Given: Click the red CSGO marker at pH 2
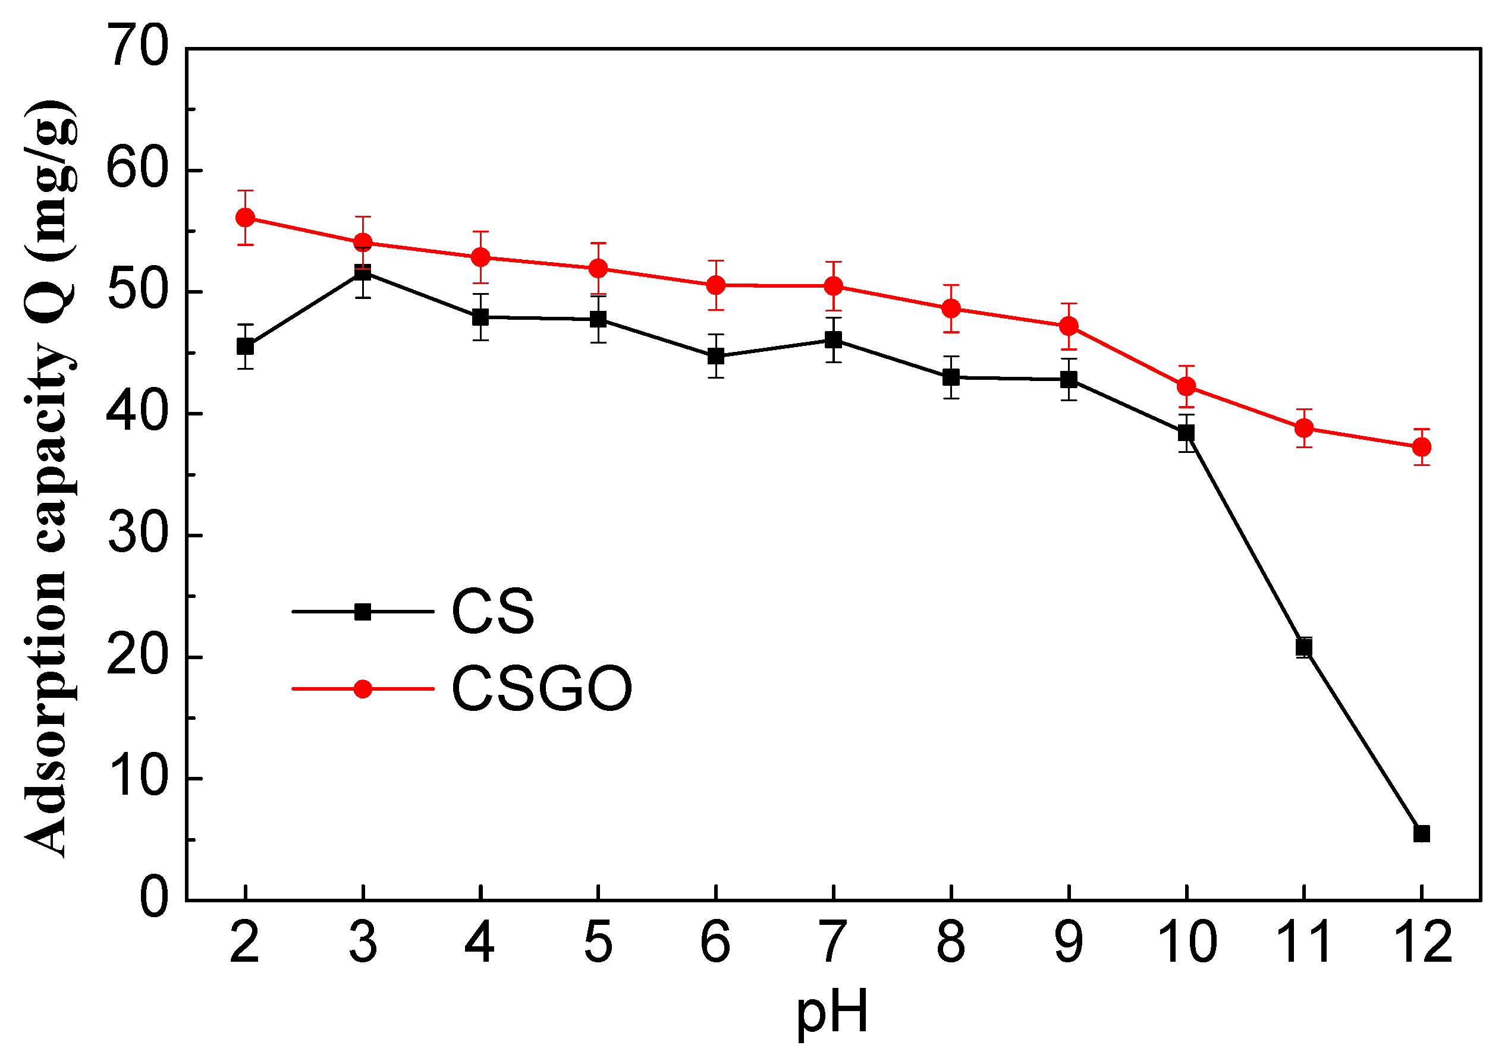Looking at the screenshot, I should pos(245,218).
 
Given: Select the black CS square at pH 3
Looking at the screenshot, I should pos(363,272).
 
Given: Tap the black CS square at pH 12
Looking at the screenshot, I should pos(1421,833).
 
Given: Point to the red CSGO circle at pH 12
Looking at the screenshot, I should pos(1421,447).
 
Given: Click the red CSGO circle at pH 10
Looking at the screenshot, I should pos(1186,386).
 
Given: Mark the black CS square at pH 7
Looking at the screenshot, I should pos(834,339).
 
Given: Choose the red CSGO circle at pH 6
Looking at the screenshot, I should pos(716,285).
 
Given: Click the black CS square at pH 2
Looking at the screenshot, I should pos(245,346).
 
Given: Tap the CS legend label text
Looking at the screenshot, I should pos(492,611).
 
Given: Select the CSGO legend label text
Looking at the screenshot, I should pos(541,689).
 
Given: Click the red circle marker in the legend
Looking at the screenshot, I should pos(363,689).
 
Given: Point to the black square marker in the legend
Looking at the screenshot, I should pos(363,612).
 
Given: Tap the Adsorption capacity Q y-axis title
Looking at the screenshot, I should pos(49,479).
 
